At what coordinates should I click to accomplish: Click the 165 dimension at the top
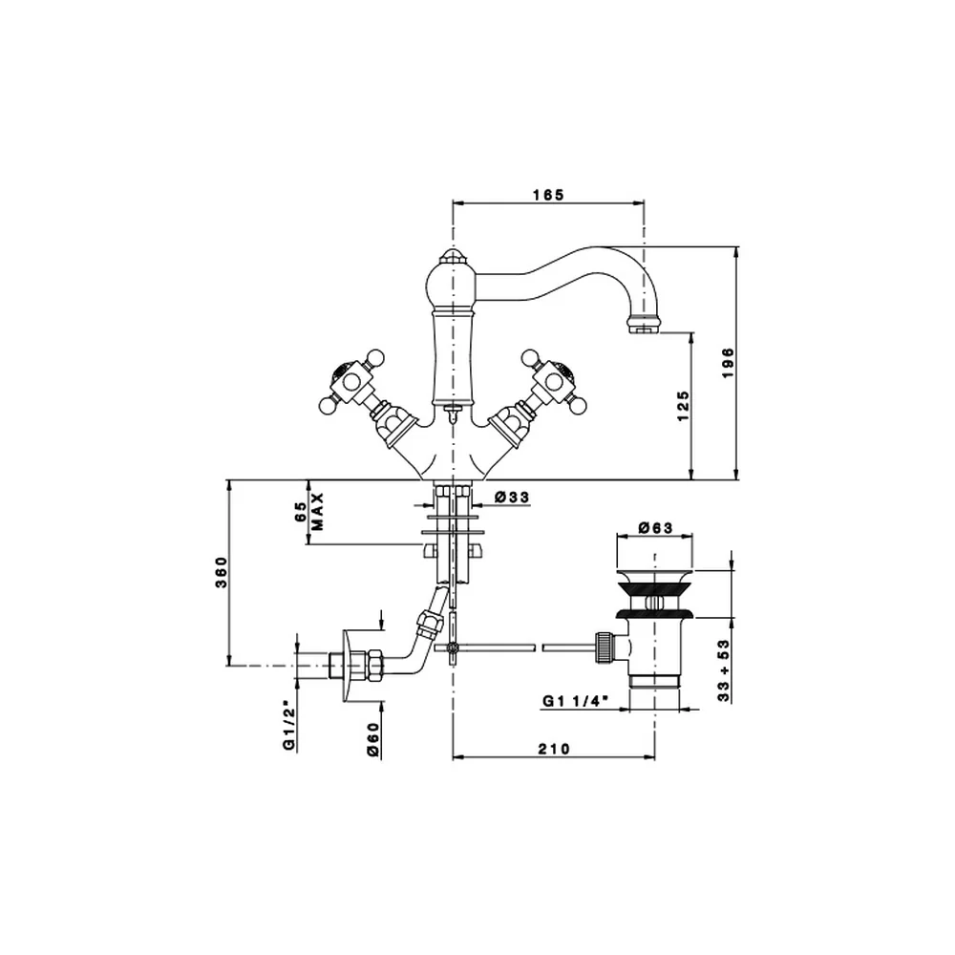549,195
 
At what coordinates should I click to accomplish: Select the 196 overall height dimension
729,363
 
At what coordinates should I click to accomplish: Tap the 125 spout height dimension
683,406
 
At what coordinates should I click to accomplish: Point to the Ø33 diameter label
512,497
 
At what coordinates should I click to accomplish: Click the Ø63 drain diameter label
655,527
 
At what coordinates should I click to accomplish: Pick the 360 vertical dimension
222,572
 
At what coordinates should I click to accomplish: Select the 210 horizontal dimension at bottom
554,749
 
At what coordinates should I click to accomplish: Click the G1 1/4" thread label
576,701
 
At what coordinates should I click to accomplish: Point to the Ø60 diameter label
373,739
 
